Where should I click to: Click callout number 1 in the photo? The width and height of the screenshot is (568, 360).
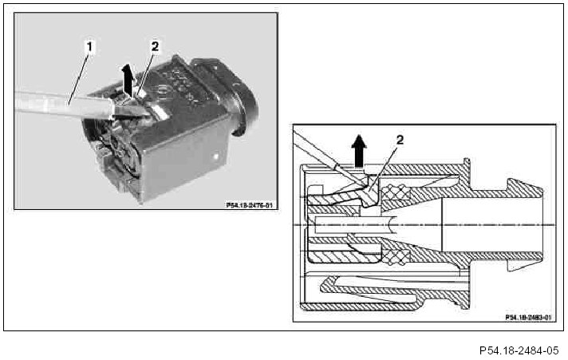(89, 47)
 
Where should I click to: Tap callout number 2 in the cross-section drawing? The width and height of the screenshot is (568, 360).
(400, 139)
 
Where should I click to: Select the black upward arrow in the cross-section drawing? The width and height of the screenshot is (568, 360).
(358, 152)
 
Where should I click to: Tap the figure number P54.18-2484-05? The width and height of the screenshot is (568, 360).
(519, 350)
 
